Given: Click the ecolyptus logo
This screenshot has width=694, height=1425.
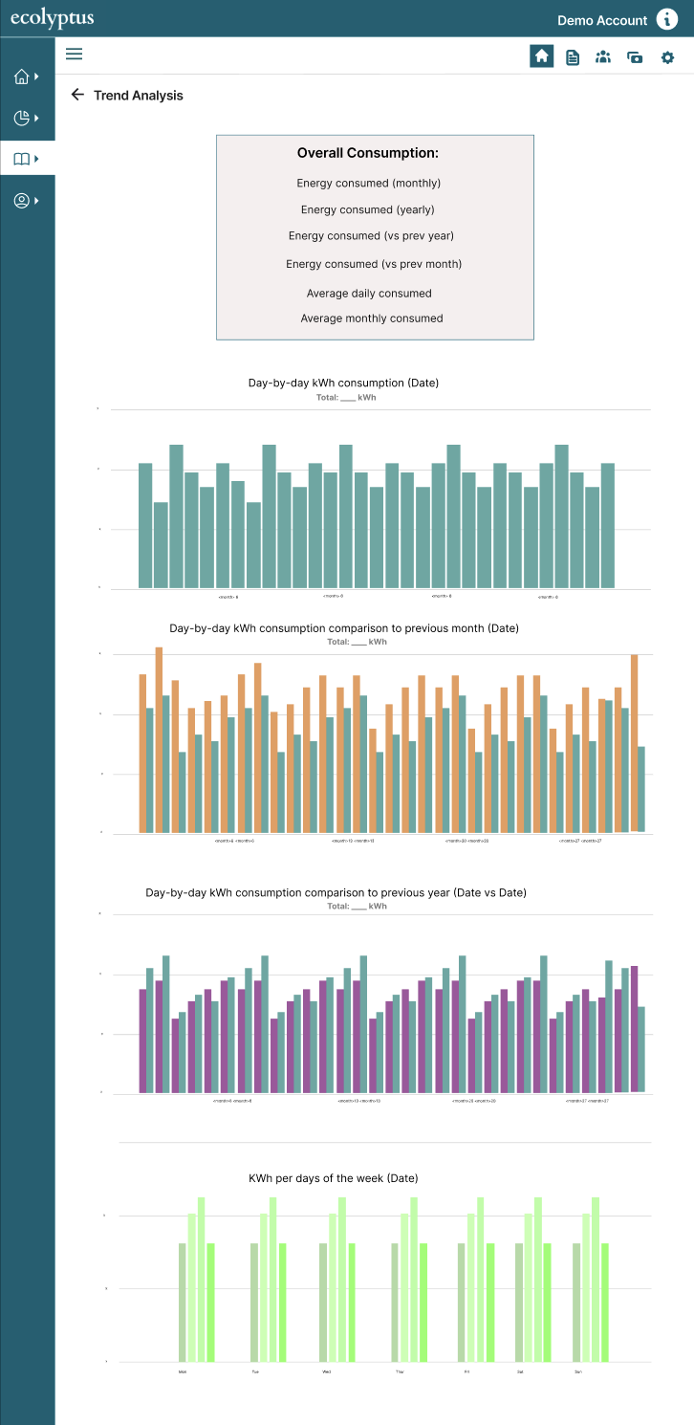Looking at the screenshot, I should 52,19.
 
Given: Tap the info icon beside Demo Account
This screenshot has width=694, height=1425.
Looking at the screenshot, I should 666,19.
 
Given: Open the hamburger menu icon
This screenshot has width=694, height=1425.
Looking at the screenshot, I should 74,55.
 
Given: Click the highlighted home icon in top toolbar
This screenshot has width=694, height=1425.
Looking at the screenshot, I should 542,56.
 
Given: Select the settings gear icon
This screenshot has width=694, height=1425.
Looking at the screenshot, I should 667,57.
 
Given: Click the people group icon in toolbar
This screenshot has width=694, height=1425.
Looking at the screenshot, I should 602,57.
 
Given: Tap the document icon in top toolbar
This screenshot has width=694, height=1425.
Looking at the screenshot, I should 573,57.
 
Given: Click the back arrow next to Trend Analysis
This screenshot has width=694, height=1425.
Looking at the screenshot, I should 77,95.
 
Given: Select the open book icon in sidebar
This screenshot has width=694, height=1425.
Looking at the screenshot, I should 22,160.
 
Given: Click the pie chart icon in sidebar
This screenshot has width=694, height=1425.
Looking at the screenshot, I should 22,118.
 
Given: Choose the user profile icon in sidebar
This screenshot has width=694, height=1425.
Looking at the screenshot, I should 22,201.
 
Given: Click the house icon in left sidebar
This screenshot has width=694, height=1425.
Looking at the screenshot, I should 22,77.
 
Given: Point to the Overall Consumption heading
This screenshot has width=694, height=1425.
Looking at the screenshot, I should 368,153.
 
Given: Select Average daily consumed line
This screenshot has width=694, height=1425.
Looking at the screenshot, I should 369,294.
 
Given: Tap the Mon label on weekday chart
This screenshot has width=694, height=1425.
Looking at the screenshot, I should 183,1371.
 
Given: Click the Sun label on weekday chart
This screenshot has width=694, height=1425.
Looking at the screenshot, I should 578,1371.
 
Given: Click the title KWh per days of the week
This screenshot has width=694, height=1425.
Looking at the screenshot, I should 333,1178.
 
